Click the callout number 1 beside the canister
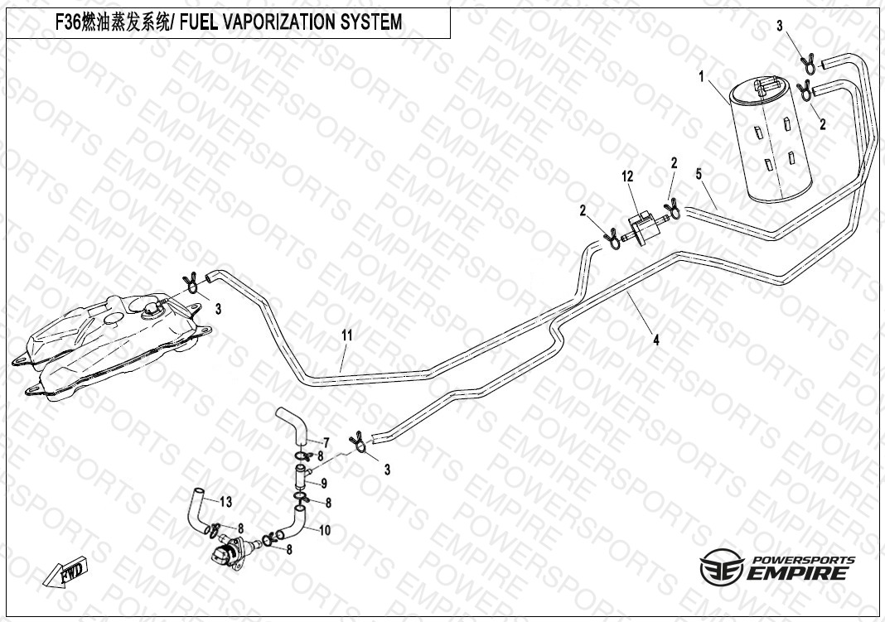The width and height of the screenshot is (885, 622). [x=702, y=77]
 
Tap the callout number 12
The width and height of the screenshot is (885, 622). [x=627, y=176]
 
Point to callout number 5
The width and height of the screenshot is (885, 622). [x=699, y=174]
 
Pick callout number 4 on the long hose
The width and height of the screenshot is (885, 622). [x=655, y=339]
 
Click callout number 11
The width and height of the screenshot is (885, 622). [x=347, y=335]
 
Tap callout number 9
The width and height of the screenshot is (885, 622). [x=324, y=483]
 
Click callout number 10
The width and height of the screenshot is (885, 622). [x=324, y=529]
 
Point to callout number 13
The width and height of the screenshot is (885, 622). [x=226, y=501]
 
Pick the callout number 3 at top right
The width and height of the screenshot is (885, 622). [x=779, y=27]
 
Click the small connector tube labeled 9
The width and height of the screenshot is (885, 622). [x=300, y=478]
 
